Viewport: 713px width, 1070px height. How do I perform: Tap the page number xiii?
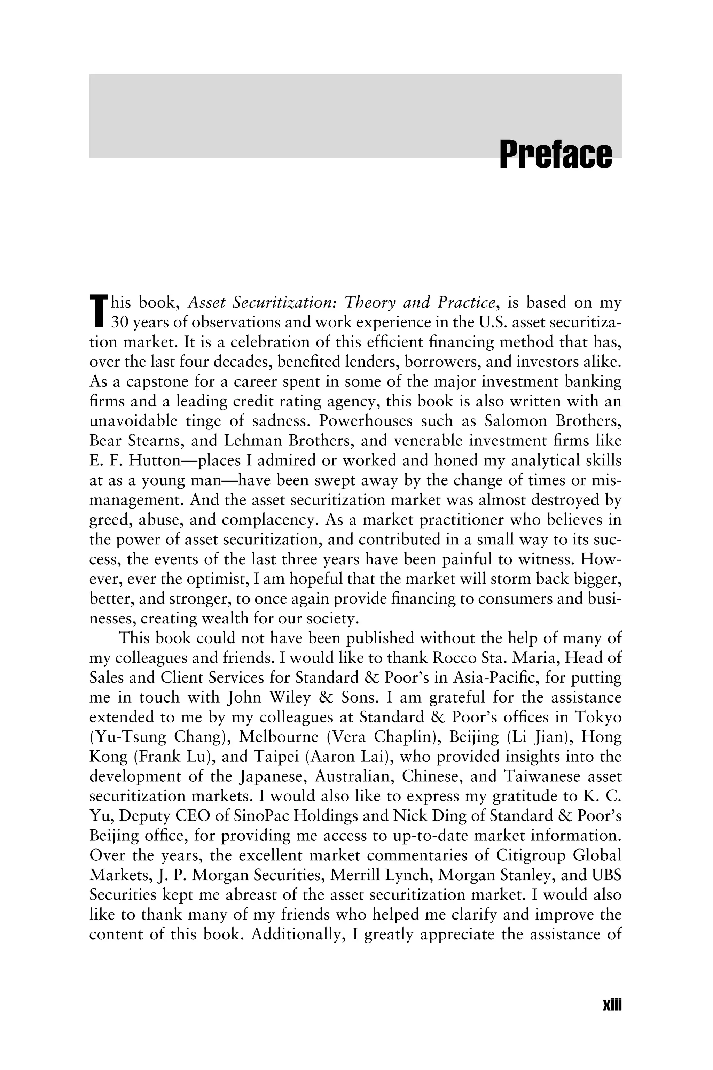click(612, 1005)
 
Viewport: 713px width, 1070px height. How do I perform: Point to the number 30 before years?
click(120, 322)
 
